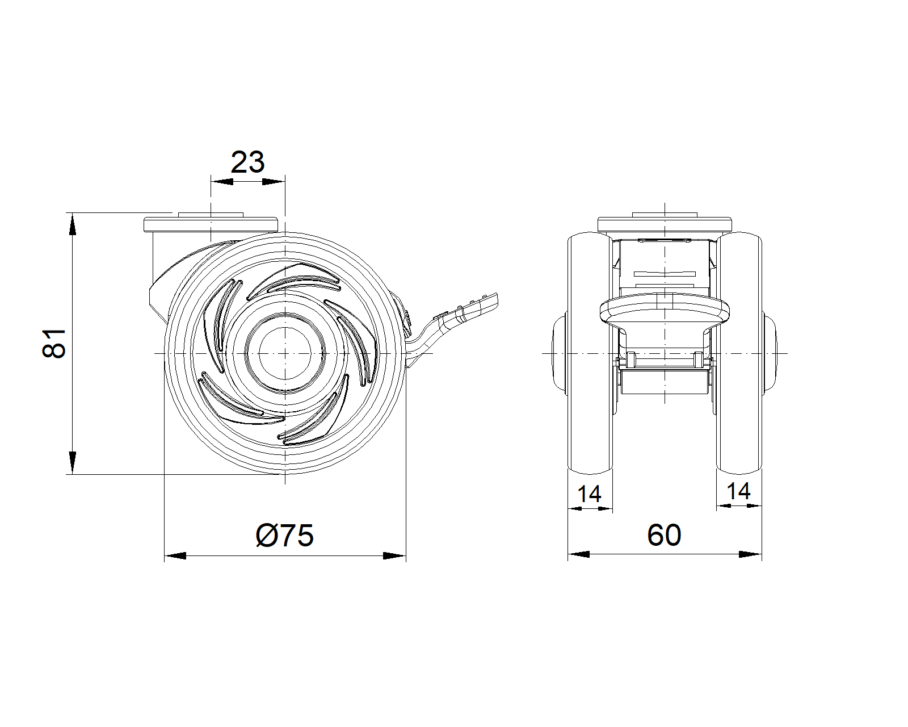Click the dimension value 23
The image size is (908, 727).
(x=247, y=162)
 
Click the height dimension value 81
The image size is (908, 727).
(x=54, y=343)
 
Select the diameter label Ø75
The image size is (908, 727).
(x=285, y=535)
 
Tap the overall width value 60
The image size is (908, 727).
(x=664, y=535)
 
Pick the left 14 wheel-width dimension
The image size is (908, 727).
(x=589, y=494)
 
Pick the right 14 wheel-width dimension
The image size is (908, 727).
(x=738, y=491)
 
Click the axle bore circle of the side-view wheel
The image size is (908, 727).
(x=285, y=353)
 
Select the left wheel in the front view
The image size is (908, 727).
(x=590, y=353)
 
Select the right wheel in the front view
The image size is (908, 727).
(x=739, y=353)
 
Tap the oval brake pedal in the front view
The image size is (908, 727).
(x=665, y=311)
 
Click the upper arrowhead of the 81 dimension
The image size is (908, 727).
(x=73, y=224)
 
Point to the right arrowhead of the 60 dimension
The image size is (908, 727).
(x=751, y=554)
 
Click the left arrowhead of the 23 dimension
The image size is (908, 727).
(x=222, y=182)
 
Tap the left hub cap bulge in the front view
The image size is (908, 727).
(x=560, y=353)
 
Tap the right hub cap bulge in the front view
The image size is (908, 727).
(x=770, y=353)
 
